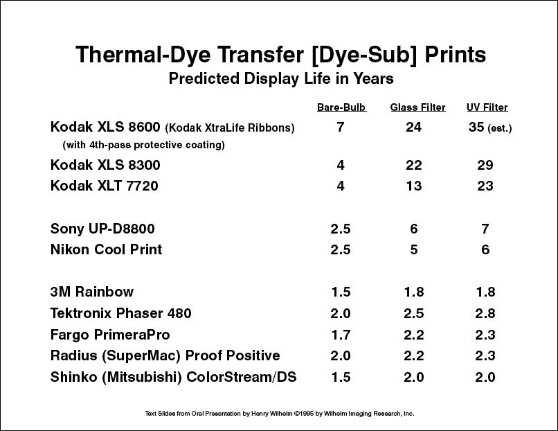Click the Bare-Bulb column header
pyautogui.click(x=341, y=107)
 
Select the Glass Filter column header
pyautogui.click(x=417, y=107)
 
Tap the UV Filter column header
pyautogui.click(x=487, y=107)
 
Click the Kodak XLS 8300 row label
pyautogui.click(x=105, y=165)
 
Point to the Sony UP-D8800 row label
pyautogui.click(x=102, y=229)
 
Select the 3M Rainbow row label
pyautogui.click(x=92, y=292)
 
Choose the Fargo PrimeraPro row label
pyautogui.click(x=110, y=335)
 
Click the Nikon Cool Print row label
pyautogui.click(x=106, y=249)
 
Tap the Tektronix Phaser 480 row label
pyautogui.click(x=120, y=313)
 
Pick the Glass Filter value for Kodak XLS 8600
pyautogui.click(x=413, y=127)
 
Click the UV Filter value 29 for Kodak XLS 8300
pyautogui.click(x=485, y=165)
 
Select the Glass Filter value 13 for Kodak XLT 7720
pyautogui.click(x=414, y=186)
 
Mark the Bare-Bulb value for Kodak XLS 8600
pyautogui.click(x=341, y=127)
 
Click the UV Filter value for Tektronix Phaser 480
pyautogui.click(x=485, y=313)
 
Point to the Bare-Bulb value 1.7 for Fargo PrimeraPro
pyautogui.click(x=341, y=335)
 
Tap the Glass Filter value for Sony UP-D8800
pyautogui.click(x=413, y=229)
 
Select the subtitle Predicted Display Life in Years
pyautogui.click(x=281, y=78)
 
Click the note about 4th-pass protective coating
pyautogui.click(x=143, y=145)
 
